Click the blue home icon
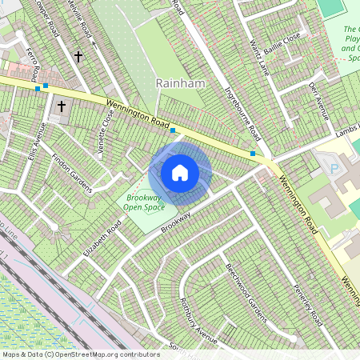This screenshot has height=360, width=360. point(180,172)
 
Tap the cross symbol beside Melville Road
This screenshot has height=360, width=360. point(78,57)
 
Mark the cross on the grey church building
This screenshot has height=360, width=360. point(62,106)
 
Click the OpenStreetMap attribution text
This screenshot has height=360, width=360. point(81,354)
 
